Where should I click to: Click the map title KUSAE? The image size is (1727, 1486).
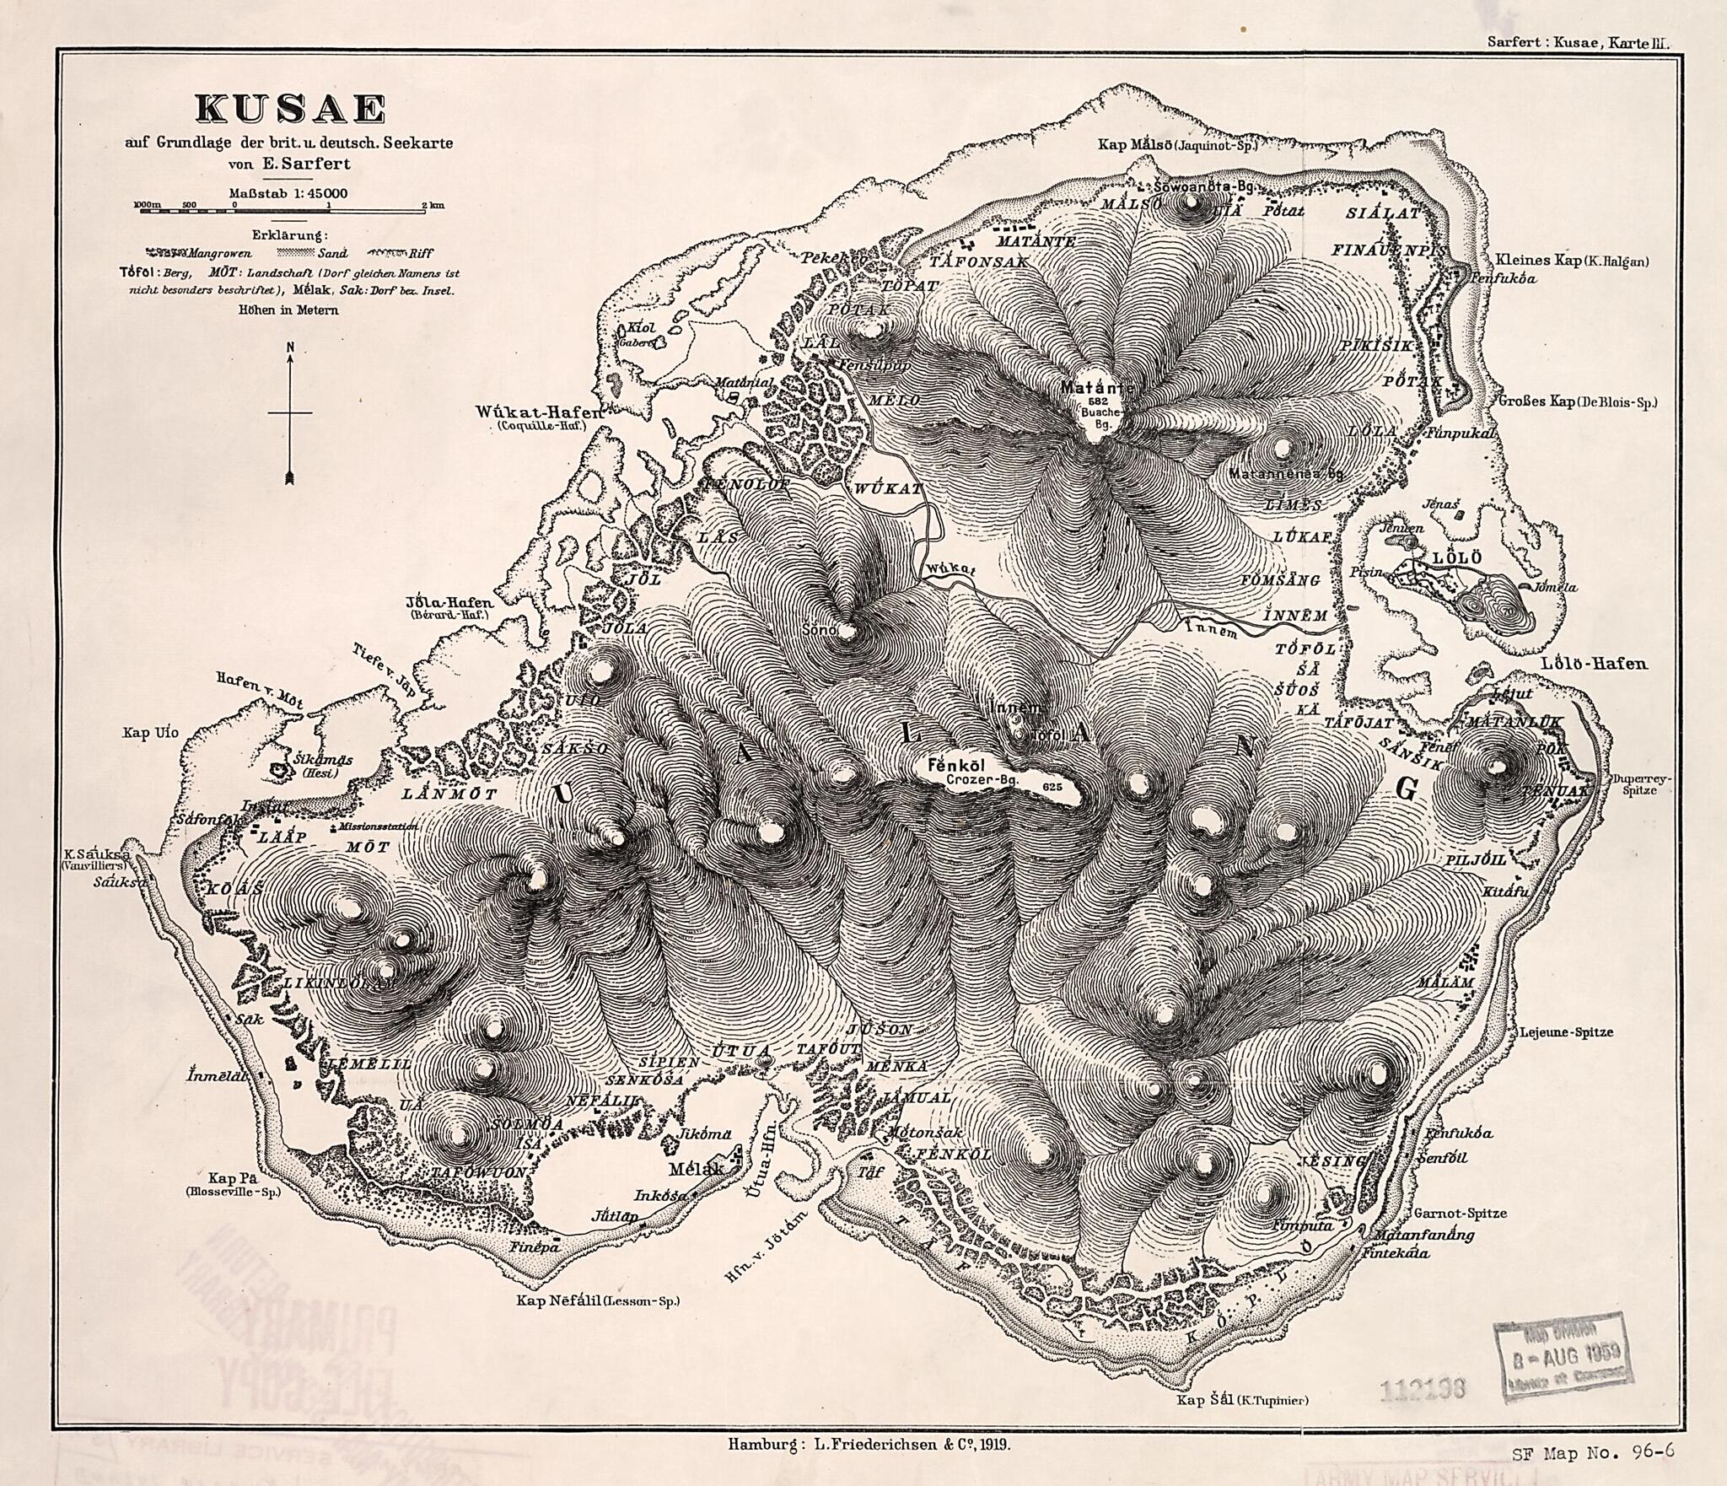click(290, 109)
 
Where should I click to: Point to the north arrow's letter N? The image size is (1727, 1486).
click(290, 347)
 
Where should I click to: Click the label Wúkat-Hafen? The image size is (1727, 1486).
click(541, 412)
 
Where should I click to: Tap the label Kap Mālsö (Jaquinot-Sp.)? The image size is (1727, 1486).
click(1177, 145)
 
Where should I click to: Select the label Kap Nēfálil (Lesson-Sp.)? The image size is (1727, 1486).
click(598, 1301)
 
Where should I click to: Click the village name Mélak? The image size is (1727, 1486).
click(697, 1170)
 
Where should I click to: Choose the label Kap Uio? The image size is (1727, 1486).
click(151, 733)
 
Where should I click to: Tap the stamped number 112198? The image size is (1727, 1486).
click(1424, 1387)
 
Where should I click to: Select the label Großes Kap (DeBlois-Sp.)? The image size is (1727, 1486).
click(1577, 402)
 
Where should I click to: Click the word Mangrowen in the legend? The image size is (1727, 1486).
click(216, 252)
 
